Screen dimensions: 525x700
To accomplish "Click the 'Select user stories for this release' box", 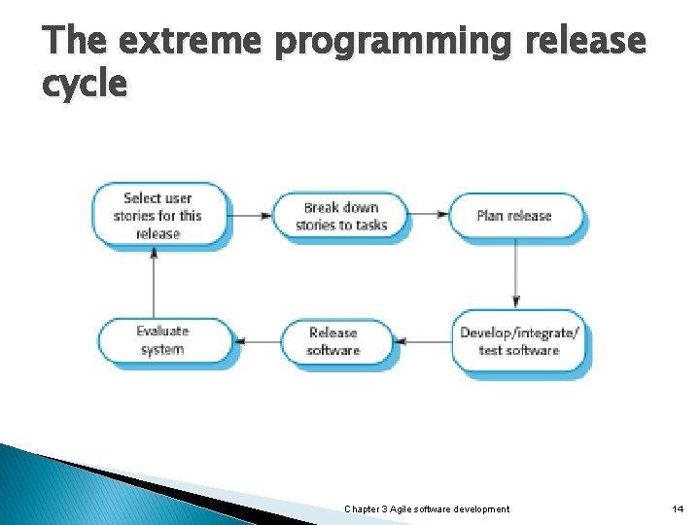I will point(157,216).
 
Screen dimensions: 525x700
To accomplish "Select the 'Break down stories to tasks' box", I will point(340,216).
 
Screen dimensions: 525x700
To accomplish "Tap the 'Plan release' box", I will point(514,216).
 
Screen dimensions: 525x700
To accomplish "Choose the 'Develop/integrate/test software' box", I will point(519,341).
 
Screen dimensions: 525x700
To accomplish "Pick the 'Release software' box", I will point(333,341).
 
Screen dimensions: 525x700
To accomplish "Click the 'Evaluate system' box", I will point(162,341).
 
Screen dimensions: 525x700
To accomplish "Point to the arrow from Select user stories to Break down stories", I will point(251,216).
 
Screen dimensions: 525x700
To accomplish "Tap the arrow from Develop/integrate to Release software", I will point(425,341).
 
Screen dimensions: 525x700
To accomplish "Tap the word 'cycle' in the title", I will point(85,85).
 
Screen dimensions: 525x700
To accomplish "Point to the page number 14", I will point(678,509).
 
